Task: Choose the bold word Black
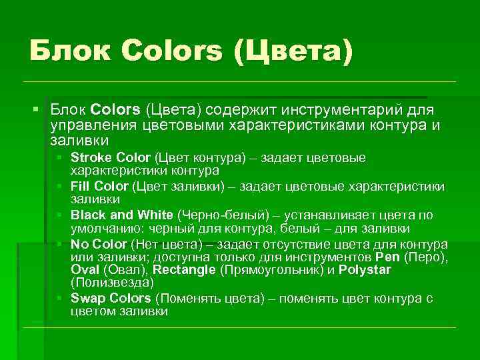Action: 87,215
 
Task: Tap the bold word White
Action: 155,215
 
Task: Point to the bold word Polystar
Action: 365,270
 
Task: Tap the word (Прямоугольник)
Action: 270,270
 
